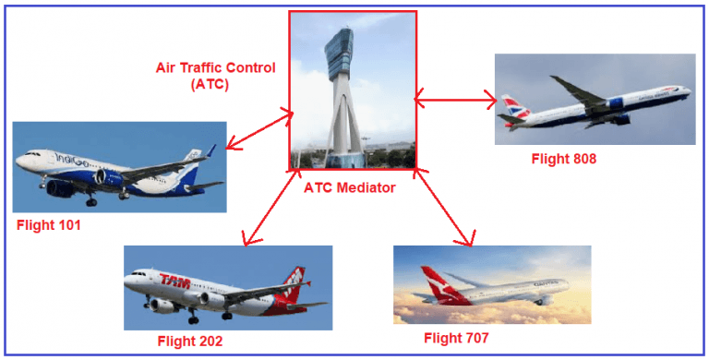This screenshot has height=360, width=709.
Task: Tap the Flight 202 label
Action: click(189, 341)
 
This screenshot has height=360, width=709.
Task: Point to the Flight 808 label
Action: click(563, 159)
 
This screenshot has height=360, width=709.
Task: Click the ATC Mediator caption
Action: click(349, 187)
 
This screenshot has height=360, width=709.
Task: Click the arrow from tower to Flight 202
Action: click(269, 207)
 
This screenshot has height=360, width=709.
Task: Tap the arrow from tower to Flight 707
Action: click(444, 207)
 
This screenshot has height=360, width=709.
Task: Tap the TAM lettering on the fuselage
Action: click(175, 280)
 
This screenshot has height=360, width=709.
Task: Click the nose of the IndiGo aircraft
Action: click(18, 166)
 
